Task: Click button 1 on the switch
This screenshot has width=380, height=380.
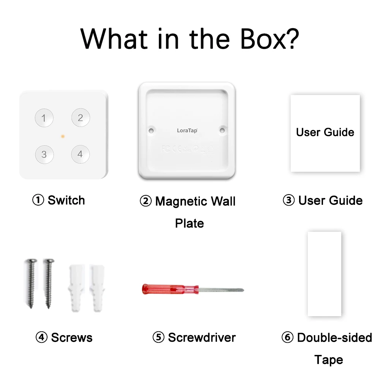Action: [44, 118]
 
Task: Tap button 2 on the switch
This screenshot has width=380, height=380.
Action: [81, 118]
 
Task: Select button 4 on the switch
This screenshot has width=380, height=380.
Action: [80, 154]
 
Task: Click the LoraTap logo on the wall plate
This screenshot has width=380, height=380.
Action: [187, 130]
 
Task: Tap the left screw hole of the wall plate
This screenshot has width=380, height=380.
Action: [151, 130]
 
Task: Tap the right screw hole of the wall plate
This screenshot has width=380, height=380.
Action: [222, 130]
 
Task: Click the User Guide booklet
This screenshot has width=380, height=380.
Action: [325, 133]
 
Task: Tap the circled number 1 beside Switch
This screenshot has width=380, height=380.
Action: [38, 200]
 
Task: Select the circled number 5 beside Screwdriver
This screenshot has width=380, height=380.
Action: [158, 337]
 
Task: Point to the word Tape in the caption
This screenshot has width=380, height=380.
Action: [329, 359]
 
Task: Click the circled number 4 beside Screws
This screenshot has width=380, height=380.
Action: [41, 337]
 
